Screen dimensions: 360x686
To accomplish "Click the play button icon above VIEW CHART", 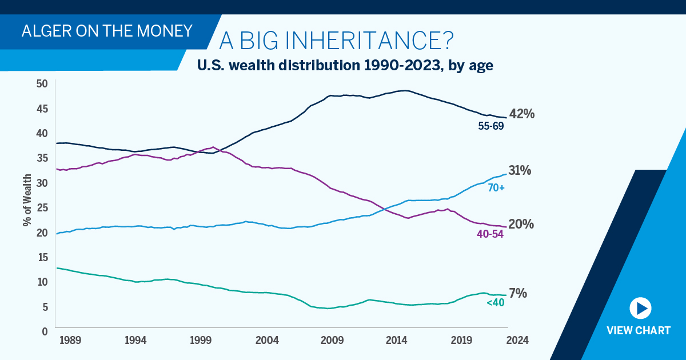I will [640, 308].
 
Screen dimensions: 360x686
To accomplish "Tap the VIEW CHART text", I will [638, 331].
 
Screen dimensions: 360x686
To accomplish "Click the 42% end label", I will [521, 114].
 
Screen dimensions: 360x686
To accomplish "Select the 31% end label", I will [520, 170].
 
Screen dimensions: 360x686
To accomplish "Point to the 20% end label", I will [521, 225].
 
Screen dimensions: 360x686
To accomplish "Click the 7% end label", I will [518, 293].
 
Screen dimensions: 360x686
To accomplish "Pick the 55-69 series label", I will [490, 126].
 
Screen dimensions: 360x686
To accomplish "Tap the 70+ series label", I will [495, 187].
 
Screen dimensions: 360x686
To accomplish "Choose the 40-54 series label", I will [490, 234].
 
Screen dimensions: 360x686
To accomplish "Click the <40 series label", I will [495, 303].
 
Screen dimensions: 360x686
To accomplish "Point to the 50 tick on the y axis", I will [41, 84].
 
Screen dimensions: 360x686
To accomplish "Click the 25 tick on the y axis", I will [41, 207].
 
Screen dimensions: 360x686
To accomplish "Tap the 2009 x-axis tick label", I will [333, 341].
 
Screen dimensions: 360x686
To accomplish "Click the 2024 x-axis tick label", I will [517, 341].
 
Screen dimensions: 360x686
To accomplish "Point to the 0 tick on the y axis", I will [44, 331].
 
